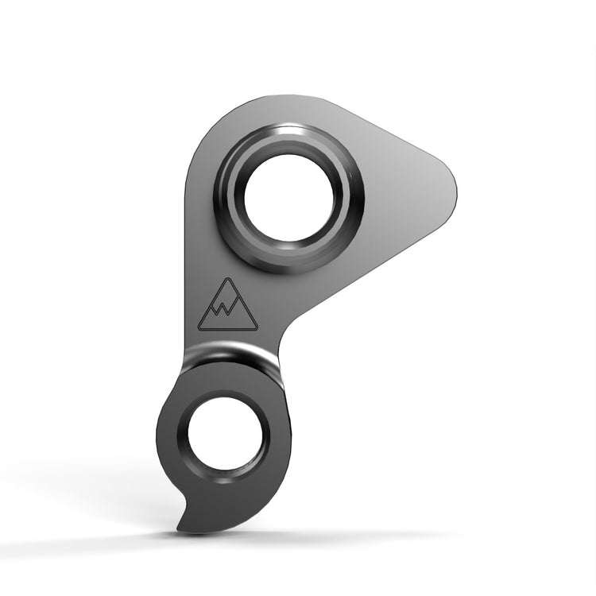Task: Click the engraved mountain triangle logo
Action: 228,307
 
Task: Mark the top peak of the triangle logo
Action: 228,278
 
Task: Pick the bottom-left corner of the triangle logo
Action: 199,329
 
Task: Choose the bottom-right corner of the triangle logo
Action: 257,329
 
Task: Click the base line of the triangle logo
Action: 228,329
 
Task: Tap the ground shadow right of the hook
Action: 334,535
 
